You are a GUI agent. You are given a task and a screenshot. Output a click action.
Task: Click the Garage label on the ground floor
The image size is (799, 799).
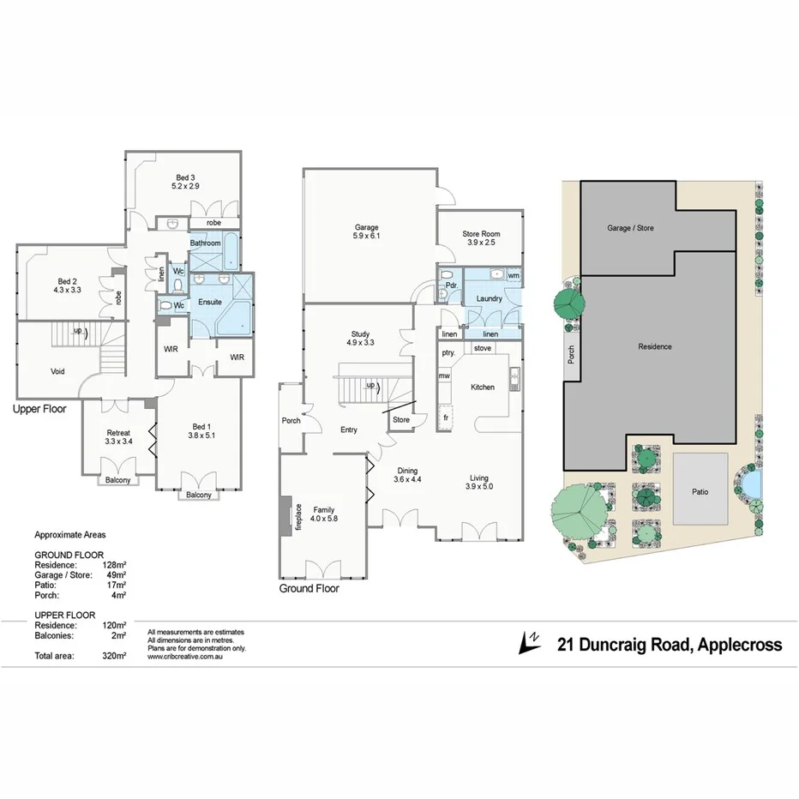(x=366, y=227)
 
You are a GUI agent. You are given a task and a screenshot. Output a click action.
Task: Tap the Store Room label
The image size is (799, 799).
(x=480, y=234)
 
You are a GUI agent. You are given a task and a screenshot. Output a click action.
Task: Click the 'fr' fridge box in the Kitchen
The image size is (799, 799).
(x=445, y=418)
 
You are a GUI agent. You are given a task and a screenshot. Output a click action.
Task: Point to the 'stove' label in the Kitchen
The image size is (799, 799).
(x=482, y=349)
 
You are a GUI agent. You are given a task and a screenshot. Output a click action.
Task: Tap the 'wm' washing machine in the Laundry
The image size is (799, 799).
(x=513, y=276)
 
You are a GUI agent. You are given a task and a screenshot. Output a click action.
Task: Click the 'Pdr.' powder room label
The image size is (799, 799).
(x=449, y=285)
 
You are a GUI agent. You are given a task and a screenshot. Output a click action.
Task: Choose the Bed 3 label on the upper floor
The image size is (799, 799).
(x=186, y=177)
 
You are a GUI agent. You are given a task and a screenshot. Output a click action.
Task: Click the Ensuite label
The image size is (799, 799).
(x=210, y=302)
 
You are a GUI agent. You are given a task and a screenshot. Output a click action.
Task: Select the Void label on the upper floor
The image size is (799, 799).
(x=58, y=371)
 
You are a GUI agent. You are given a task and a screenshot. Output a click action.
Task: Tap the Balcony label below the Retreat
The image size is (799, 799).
(x=118, y=480)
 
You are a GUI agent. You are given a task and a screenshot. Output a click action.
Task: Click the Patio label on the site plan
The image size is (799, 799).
(x=700, y=492)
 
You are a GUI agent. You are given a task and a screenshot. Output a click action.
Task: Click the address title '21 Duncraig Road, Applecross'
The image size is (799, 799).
(x=670, y=645)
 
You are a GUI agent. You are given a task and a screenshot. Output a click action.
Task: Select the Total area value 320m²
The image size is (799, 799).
(x=113, y=656)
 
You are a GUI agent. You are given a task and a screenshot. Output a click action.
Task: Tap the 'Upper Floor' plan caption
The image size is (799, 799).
(x=39, y=410)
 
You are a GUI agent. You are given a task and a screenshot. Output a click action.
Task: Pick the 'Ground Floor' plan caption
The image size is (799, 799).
(x=309, y=589)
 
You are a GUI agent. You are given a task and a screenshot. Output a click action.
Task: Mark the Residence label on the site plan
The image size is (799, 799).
(x=655, y=346)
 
